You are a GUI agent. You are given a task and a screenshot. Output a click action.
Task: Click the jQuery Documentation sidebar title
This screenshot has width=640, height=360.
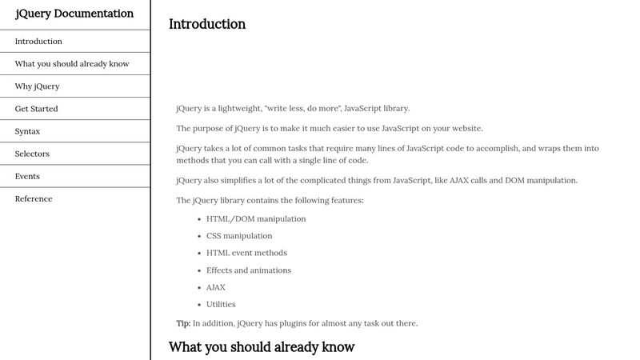74,14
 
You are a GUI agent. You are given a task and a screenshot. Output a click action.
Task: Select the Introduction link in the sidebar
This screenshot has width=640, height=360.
38,42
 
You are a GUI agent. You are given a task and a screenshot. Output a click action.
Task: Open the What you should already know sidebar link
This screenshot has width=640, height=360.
72,64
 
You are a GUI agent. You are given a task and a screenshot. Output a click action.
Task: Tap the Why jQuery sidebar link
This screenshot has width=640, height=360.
37,86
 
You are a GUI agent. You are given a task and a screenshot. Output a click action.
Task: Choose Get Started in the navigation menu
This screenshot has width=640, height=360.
36,109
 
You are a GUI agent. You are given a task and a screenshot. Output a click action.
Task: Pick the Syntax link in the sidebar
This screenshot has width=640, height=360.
27,131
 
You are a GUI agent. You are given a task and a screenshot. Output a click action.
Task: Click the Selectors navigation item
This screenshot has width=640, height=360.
32,154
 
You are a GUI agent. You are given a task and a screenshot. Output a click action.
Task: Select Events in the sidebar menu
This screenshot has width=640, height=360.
27,176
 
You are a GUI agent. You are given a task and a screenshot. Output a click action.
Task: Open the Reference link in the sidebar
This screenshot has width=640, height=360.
34,198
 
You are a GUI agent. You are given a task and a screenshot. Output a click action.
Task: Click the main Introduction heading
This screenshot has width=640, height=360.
207,24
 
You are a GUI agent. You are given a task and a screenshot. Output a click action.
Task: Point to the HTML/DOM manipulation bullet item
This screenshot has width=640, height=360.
256,218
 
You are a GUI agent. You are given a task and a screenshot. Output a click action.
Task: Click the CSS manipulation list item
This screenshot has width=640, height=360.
239,236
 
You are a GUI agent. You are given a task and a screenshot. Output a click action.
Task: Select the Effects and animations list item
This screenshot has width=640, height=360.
249,270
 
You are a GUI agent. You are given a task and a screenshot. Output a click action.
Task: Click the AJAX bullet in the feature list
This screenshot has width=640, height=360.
216,287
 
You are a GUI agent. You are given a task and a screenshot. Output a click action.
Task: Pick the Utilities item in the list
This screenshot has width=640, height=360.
221,304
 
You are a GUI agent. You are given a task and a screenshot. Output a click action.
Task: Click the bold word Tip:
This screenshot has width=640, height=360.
183,323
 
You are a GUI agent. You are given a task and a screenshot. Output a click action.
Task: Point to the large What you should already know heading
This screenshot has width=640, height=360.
262,347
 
